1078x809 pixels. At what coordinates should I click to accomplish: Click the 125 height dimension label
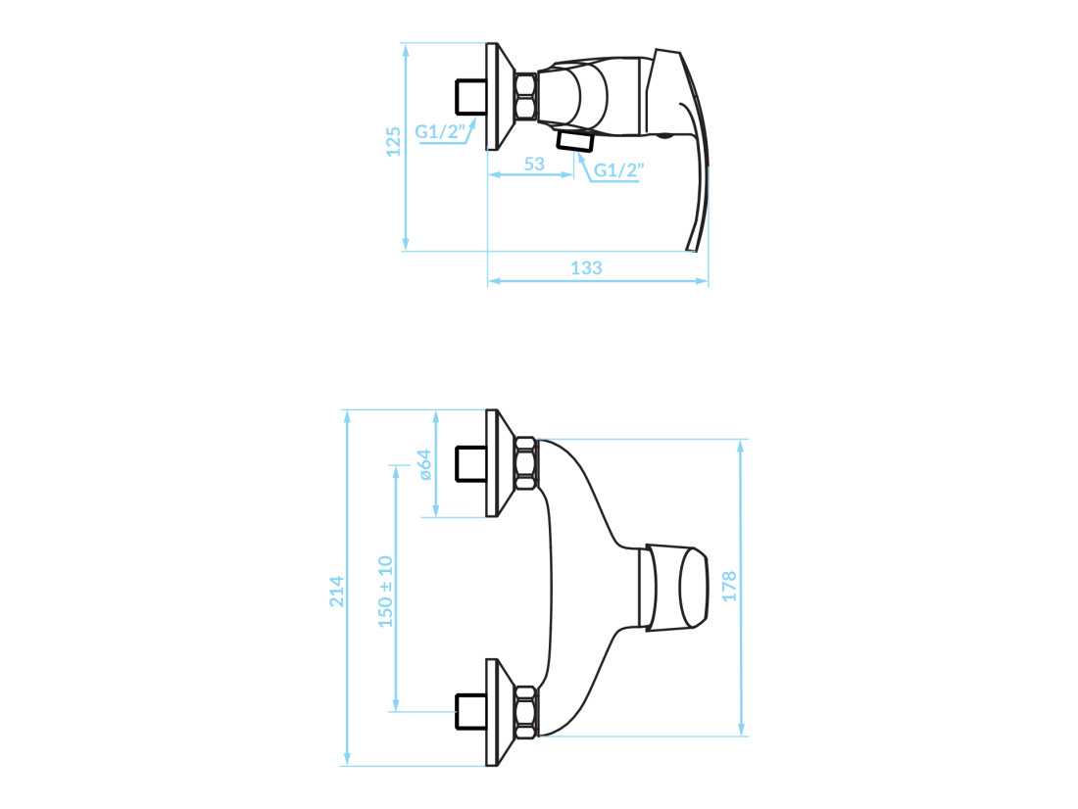click(393, 142)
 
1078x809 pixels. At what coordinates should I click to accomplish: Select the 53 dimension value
click(534, 165)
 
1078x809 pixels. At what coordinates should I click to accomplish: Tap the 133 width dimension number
click(586, 268)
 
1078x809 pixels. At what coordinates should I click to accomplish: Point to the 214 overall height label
click(336, 592)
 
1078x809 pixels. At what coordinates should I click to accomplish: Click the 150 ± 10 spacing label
click(386, 592)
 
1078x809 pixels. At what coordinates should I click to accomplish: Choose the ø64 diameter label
click(425, 464)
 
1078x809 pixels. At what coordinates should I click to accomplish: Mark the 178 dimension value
click(729, 587)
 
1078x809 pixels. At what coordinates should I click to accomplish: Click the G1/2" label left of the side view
click(440, 131)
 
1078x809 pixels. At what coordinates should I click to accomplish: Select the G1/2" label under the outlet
click(618, 169)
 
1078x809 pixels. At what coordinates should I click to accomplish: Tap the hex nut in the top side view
click(526, 97)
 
